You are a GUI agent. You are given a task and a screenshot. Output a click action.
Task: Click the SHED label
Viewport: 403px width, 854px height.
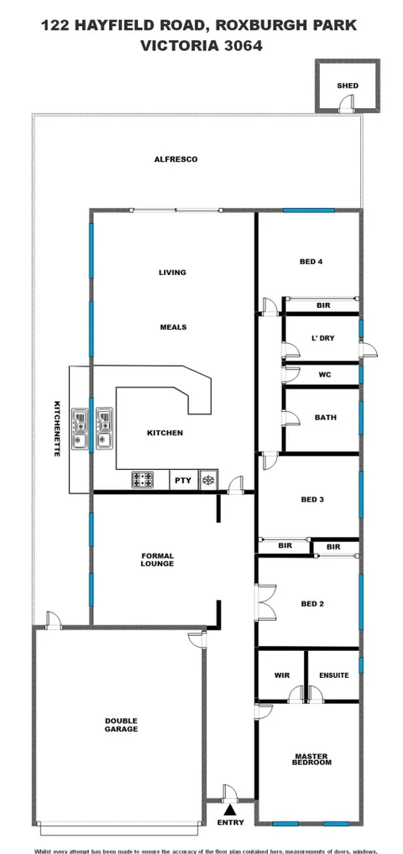click(347, 86)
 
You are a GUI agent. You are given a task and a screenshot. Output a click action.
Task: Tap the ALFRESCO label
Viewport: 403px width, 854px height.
click(175, 159)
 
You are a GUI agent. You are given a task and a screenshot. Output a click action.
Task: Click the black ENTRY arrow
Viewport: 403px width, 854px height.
click(230, 809)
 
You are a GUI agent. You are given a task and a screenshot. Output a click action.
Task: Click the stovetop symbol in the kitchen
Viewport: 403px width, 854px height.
click(143, 481)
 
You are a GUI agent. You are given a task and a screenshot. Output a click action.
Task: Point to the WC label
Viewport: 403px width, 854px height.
click(325, 375)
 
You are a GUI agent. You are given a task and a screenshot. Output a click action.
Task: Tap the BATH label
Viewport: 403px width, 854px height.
click(325, 417)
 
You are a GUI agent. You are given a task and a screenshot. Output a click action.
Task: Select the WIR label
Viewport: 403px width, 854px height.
click(281, 674)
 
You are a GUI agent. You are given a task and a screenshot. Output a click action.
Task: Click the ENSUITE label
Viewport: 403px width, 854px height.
click(333, 674)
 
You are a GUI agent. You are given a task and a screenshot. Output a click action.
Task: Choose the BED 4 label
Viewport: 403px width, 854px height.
click(311, 262)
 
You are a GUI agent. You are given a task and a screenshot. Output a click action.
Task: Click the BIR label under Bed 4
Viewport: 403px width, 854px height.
click(323, 305)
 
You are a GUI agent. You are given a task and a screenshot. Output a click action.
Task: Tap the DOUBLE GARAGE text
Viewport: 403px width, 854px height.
click(121, 724)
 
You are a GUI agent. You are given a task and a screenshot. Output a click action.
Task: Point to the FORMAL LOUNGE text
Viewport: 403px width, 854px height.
click(157, 559)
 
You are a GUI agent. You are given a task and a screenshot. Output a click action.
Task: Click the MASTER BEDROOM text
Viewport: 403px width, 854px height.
click(311, 759)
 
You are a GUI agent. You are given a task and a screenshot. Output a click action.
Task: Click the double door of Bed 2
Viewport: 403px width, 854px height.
click(264, 602)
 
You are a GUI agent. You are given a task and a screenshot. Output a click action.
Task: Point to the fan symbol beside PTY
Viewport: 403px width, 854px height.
click(208, 481)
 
